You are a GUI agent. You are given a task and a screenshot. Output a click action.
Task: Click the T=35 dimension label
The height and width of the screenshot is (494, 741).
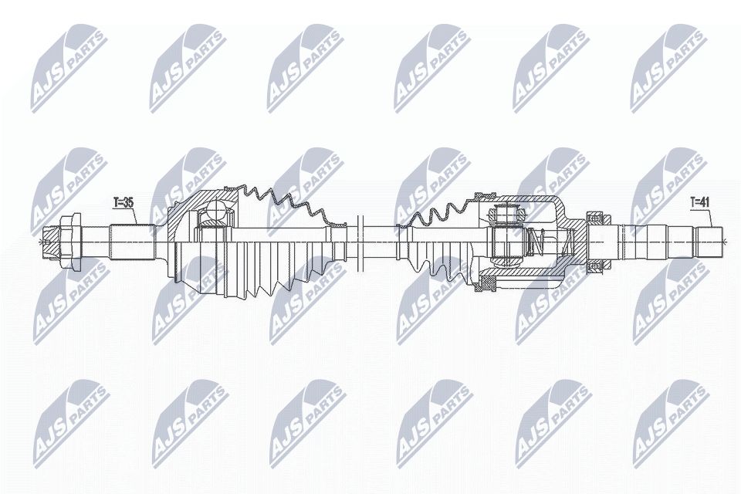123,203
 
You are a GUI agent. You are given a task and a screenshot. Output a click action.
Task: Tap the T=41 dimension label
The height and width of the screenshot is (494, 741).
699,203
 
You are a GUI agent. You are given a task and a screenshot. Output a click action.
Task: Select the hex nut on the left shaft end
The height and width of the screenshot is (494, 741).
69,239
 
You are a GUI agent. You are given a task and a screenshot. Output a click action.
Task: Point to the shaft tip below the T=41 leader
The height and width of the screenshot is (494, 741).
709,241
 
